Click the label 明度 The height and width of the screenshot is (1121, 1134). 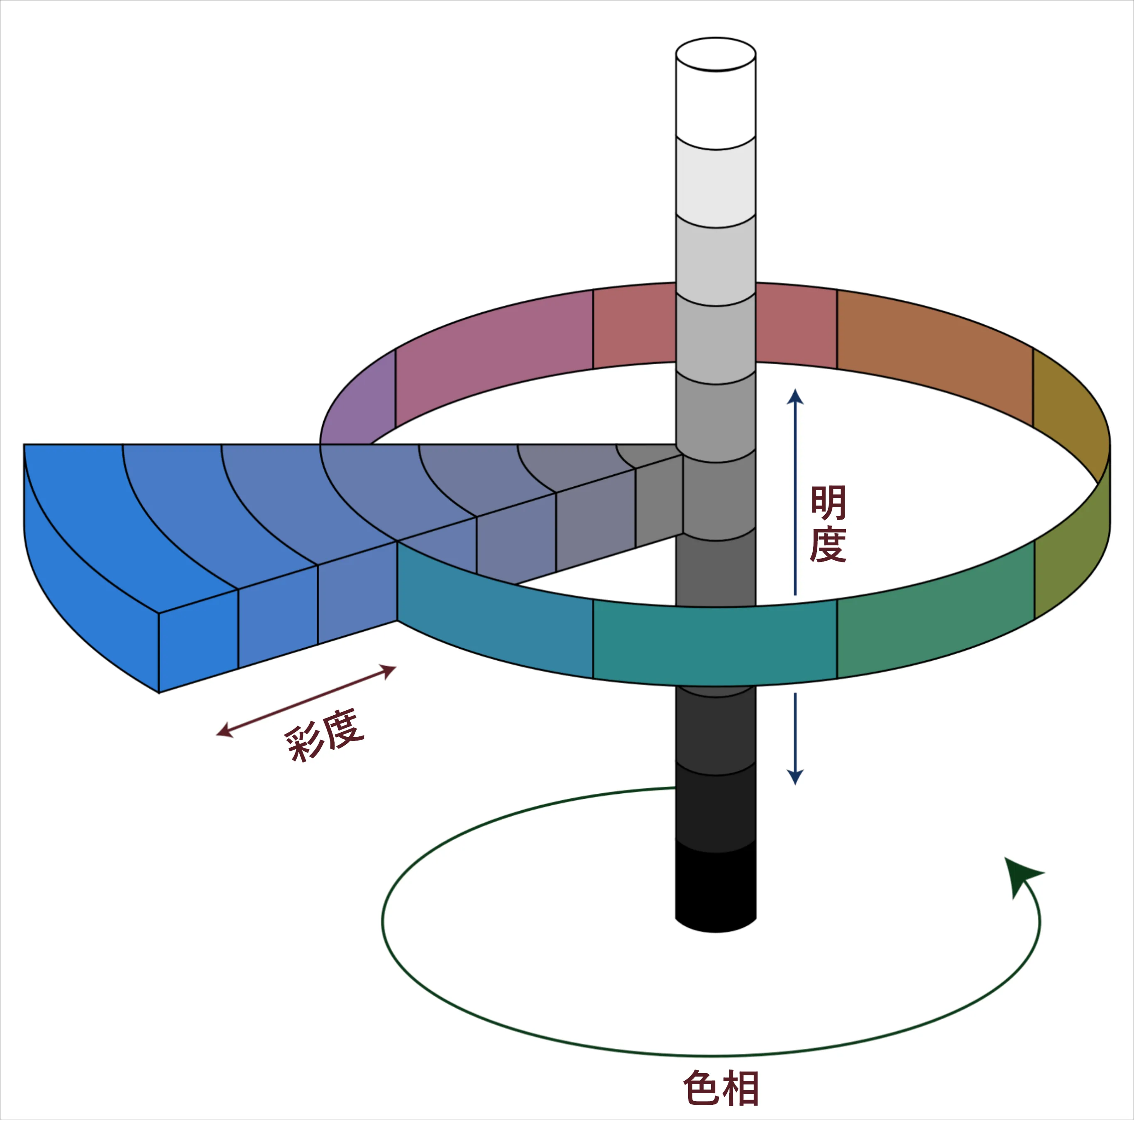pos(828,524)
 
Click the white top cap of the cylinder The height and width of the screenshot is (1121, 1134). pos(716,54)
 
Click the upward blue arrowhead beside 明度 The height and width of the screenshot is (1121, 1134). pos(795,397)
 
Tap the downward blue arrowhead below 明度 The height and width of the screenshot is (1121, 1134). pos(795,777)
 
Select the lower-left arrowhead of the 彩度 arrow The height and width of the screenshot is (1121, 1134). pos(224,732)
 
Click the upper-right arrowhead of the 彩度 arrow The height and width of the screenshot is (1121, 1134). pos(389,670)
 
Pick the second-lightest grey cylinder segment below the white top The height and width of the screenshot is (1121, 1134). pos(716,182)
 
